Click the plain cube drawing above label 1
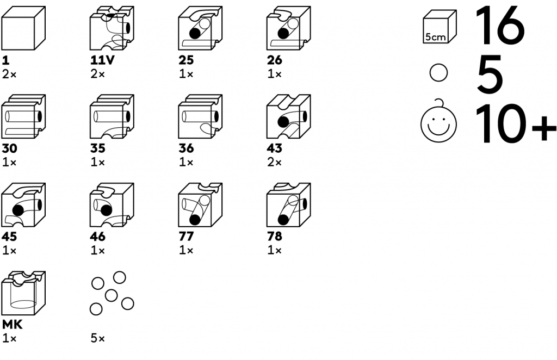click(x=23, y=28)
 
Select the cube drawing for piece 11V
click(x=112, y=28)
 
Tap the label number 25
click(x=186, y=60)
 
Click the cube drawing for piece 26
click(x=289, y=28)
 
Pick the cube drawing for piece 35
click(x=112, y=117)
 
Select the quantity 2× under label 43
click(x=275, y=162)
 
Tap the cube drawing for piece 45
click(x=23, y=206)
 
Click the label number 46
click(x=98, y=237)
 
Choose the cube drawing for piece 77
click(x=200, y=206)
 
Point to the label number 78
click(x=275, y=237)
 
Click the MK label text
click(x=11, y=325)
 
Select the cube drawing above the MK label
click(x=23, y=294)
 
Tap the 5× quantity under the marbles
click(x=98, y=339)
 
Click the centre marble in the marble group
click(x=111, y=296)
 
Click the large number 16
click(x=500, y=26)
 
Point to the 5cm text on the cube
click(x=435, y=37)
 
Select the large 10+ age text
click(x=515, y=125)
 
